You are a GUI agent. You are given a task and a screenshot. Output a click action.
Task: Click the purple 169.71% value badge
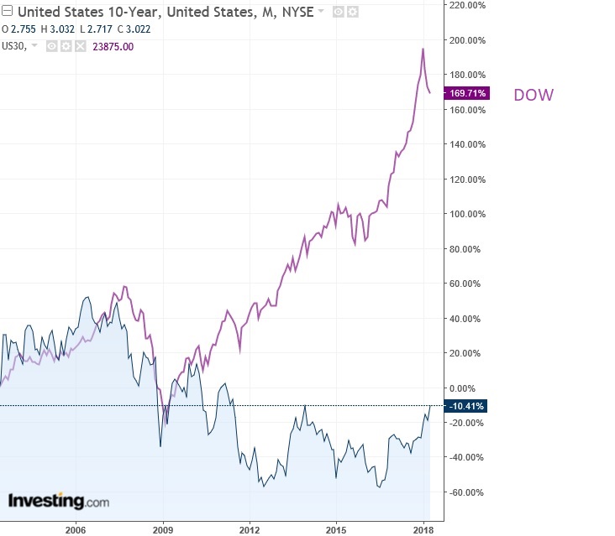pos(466,93)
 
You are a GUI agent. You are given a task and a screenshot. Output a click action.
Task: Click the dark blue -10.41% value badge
pos(466,406)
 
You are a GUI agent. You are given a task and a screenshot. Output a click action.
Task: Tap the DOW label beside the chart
pos(534,95)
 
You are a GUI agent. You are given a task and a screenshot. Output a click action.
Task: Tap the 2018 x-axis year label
pos(423,529)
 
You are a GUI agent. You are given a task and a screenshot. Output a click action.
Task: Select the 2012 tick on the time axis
pos(249,529)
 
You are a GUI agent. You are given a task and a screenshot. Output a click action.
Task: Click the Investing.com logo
pos(59,502)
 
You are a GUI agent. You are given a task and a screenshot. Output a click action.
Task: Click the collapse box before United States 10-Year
pos(7,13)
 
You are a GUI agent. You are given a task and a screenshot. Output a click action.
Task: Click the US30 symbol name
pos(14,46)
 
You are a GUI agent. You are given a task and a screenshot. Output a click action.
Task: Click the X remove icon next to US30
pos(81,46)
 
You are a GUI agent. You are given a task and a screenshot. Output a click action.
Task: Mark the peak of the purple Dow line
pos(423,49)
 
